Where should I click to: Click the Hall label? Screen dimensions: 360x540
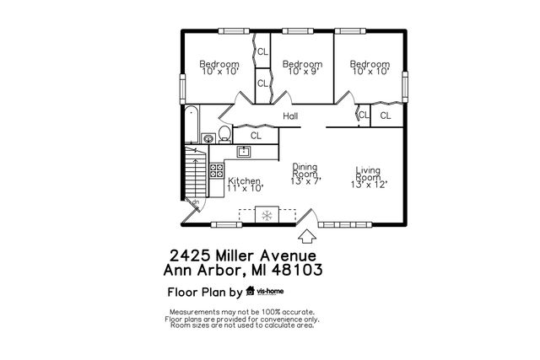click(291, 116)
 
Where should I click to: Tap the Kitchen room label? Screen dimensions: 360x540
click(244, 181)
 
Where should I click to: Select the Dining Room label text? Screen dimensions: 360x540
click(305, 169)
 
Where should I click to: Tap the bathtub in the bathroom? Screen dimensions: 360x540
click(192, 123)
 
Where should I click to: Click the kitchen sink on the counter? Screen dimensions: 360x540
click(244, 152)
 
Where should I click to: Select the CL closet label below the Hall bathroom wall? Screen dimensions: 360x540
click(256, 135)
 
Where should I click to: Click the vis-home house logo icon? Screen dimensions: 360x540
click(250, 293)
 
